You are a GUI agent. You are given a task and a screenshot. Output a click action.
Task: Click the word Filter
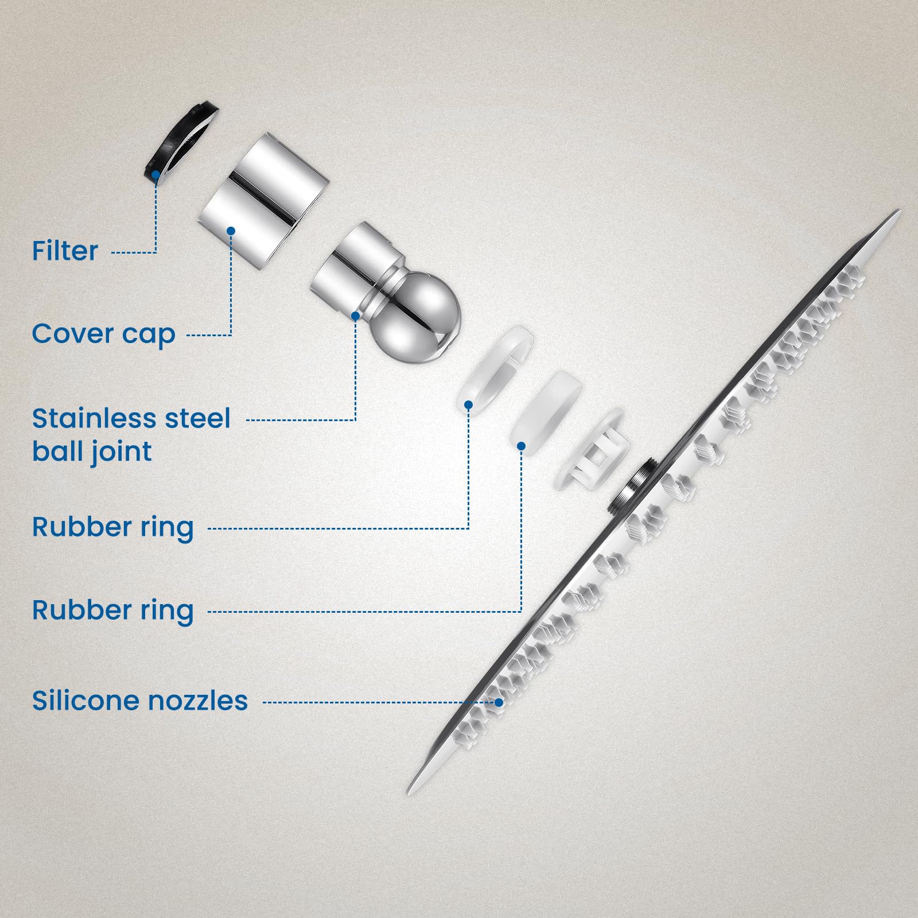[x=65, y=251]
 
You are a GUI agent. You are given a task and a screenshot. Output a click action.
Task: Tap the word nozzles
[x=198, y=701]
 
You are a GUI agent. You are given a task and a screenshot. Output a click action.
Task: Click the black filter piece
[x=180, y=151]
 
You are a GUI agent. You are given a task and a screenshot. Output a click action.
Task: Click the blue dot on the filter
[x=156, y=173]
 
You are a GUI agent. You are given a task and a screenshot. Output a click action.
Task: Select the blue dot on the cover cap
[x=231, y=231]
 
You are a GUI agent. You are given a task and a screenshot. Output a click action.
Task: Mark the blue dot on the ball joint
[x=356, y=316]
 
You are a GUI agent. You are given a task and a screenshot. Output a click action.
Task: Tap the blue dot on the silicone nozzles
[x=499, y=702]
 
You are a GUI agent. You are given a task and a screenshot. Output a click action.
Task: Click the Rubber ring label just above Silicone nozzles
[x=112, y=610]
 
